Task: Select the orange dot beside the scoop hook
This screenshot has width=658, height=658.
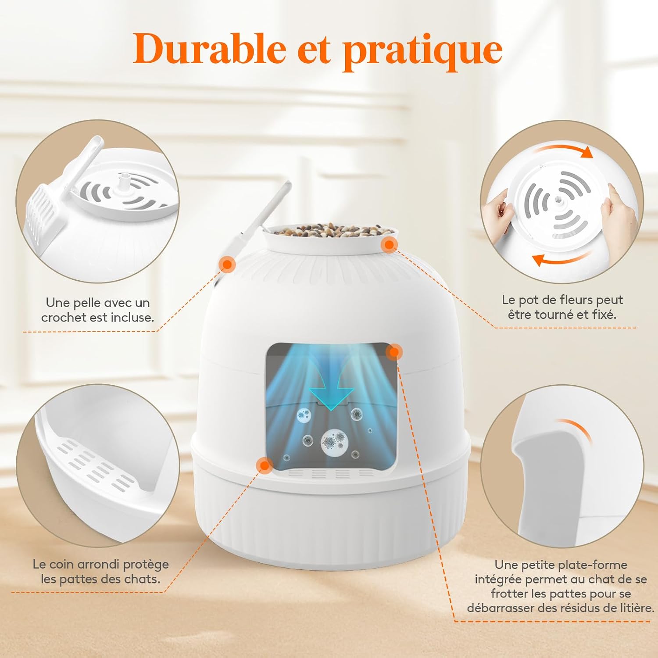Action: [x=227, y=264]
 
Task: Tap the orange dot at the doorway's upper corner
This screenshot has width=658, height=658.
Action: [x=394, y=351]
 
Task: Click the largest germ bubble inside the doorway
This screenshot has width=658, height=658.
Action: [x=335, y=442]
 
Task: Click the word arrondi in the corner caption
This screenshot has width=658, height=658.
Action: [x=99, y=564]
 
